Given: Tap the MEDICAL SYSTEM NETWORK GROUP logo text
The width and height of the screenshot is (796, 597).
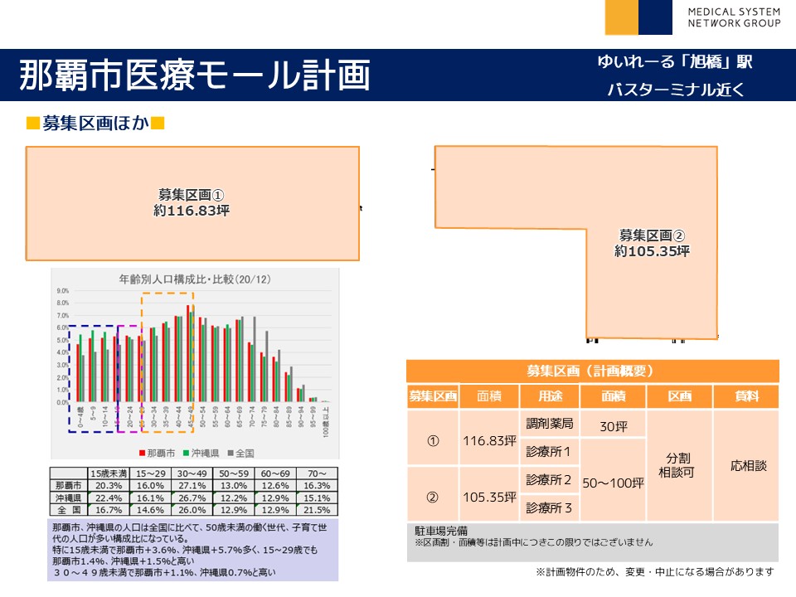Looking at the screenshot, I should click(x=734, y=17).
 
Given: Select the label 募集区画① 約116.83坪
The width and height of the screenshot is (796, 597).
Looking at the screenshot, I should click(x=192, y=203).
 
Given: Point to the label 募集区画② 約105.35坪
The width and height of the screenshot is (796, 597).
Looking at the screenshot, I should click(x=652, y=242).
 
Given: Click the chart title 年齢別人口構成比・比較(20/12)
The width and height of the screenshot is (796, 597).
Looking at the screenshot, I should click(x=195, y=280).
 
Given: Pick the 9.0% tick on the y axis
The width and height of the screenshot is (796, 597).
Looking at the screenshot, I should click(x=62, y=292).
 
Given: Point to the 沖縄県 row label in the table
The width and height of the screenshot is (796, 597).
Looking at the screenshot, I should click(x=68, y=497).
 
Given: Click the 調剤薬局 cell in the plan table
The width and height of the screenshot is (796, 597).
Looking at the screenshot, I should click(x=549, y=424).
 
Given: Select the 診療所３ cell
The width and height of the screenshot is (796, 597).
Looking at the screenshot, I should click(x=549, y=507).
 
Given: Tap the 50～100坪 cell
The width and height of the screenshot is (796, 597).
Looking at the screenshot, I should click(x=613, y=481).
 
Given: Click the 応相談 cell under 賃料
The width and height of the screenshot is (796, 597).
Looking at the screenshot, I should click(x=749, y=465).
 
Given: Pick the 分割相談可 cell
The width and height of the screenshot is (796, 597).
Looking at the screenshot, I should click(x=679, y=465).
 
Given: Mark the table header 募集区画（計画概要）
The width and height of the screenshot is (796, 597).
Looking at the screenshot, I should click(x=593, y=371).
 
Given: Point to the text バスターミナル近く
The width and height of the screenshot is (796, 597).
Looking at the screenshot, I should click(x=675, y=90).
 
